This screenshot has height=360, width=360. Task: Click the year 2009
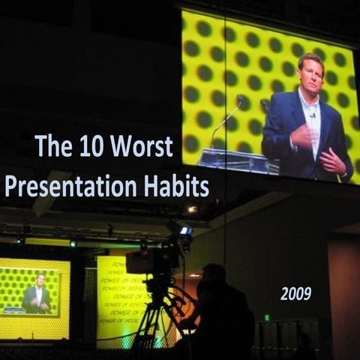295,294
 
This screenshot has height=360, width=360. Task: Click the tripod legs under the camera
154,322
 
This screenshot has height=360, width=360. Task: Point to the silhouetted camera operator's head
215,274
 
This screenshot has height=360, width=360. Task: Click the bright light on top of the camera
184,231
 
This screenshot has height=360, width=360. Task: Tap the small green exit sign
266,317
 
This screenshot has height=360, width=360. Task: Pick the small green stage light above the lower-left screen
73,243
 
